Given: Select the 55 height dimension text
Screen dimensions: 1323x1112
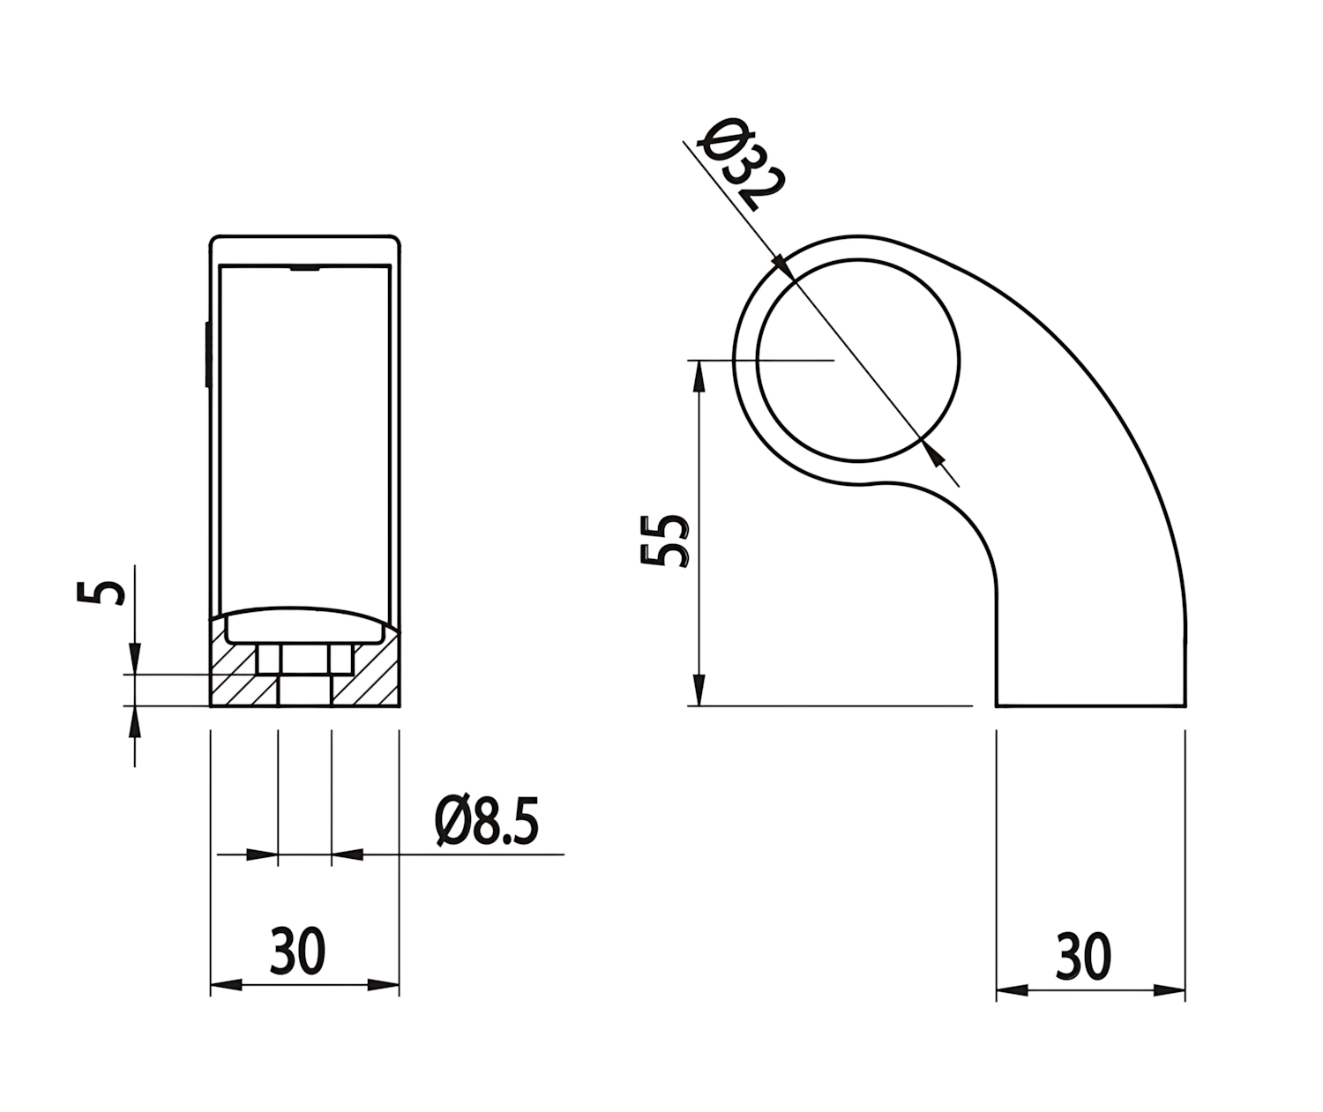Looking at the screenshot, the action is tap(664, 540).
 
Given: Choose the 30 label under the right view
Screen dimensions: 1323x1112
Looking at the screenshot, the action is tap(1083, 956).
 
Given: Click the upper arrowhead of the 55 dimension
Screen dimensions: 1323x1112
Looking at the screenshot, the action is tap(699, 376).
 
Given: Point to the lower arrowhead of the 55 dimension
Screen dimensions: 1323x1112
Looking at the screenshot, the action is tap(699, 690).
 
